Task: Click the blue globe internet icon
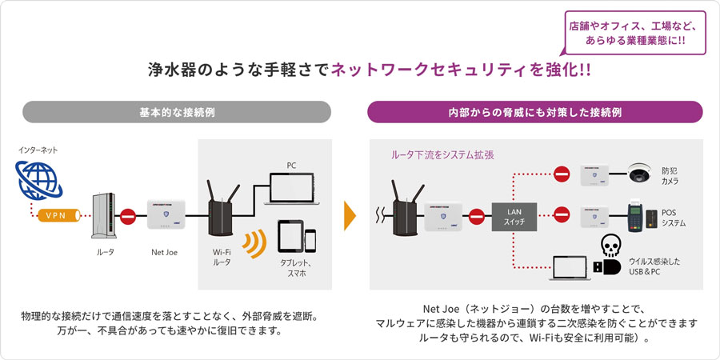(x=35, y=181)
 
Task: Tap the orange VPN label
(x=55, y=215)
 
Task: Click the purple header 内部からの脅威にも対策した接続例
(x=535, y=112)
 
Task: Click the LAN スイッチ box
(x=514, y=215)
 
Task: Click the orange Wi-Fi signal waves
(x=255, y=244)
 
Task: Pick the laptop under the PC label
(x=291, y=188)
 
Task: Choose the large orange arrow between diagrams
(x=349, y=214)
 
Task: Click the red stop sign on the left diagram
(x=126, y=215)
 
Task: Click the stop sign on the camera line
(x=562, y=174)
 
